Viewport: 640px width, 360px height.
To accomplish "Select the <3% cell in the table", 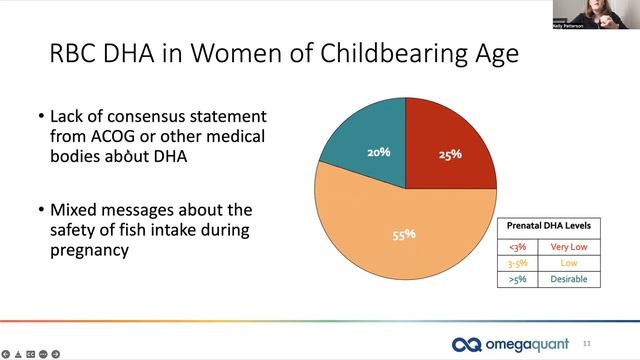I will point(517,246).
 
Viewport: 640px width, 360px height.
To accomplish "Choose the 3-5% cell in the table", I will point(517,262).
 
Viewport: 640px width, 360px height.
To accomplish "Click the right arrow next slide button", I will point(58,353).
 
